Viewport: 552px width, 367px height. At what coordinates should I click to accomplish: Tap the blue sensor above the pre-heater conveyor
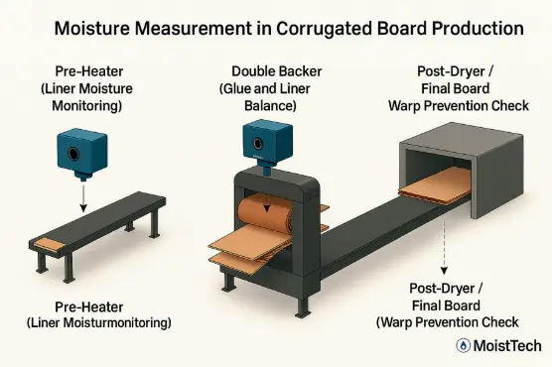(81, 155)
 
